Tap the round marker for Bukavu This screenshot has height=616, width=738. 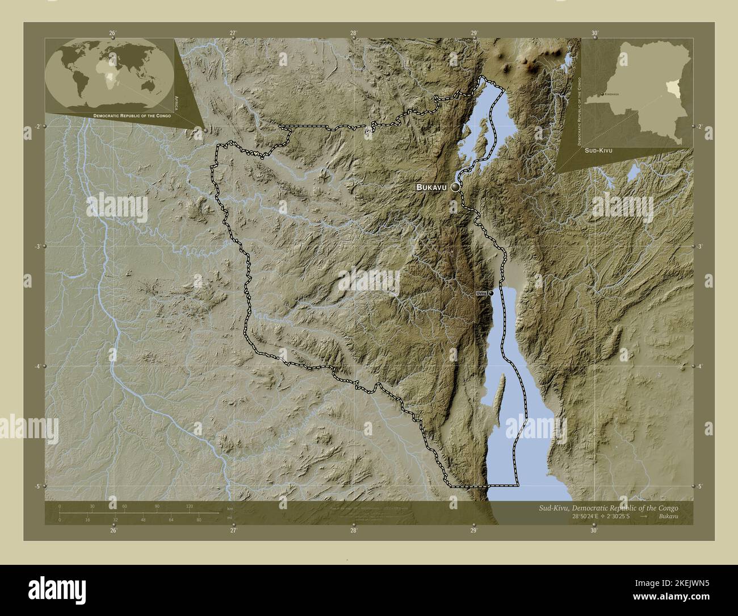[x=455, y=187]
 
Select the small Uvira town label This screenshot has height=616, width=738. [x=481, y=293]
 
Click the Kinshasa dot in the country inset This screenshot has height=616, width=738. [x=603, y=94]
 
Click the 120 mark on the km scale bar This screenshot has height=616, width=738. [x=189, y=506]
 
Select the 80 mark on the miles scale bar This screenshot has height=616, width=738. [x=199, y=519]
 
